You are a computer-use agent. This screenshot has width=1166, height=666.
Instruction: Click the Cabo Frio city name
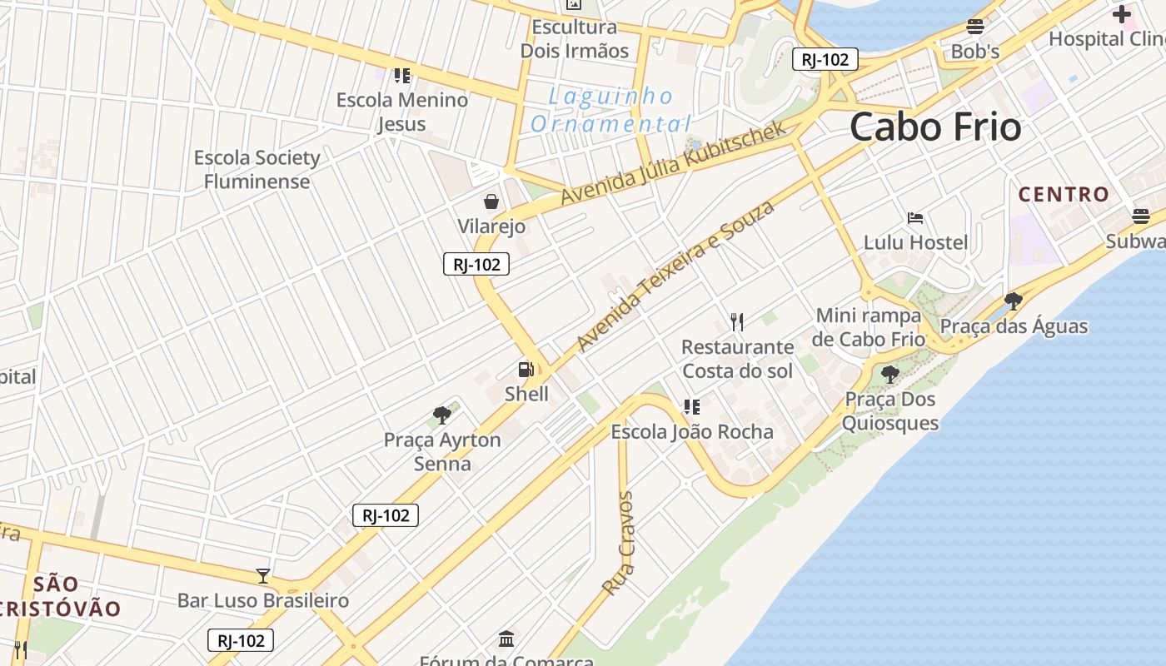coord(935,127)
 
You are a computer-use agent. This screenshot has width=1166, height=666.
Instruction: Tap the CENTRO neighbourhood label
coord(1064,195)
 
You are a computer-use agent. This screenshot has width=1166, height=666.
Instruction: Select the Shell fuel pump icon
coord(526,370)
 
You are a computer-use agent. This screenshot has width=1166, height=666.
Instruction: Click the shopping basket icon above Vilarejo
coord(491,201)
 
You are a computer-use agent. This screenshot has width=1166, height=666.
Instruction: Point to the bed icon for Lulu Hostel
coord(915,218)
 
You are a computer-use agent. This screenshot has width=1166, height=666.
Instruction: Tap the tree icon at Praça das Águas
coord(1013,301)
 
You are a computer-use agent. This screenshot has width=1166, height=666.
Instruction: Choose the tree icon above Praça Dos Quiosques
coord(889,374)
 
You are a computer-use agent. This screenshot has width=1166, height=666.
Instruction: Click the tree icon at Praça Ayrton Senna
coord(442,415)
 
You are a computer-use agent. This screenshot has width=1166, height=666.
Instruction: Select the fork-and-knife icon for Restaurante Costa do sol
coord(737,321)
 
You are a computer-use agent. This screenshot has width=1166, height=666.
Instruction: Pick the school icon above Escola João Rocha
coord(691,407)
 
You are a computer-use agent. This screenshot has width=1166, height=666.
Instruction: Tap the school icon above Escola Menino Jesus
coord(402,76)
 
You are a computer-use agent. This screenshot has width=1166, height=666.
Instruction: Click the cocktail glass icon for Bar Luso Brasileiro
coord(263,575)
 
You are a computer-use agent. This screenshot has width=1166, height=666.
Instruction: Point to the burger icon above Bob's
coord(975,27)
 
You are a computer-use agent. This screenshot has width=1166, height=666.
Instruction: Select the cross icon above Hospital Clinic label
coord(1121,14)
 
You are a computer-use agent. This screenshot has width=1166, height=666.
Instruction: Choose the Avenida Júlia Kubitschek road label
coord(673,163)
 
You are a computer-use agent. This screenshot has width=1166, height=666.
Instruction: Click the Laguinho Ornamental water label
coord(611,110)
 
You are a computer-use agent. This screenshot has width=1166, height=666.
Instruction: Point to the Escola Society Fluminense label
coord(257,169)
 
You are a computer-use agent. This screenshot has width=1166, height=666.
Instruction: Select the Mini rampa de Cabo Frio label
coord(870,327)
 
